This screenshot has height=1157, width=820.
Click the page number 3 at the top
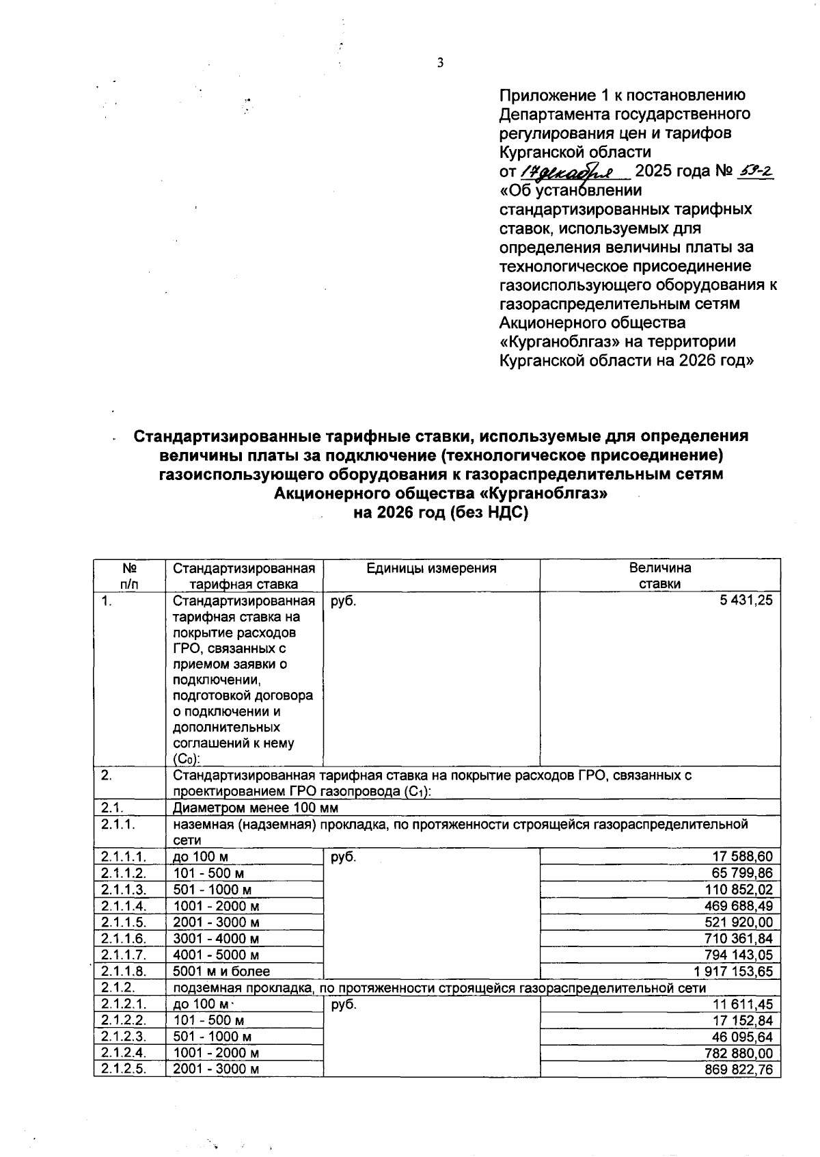pyautogui.click(x=440, y=64)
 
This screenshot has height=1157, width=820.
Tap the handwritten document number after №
pyautogui.click(x=756, y=171)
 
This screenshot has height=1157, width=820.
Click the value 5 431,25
pyautogui.click(x=741, y=600)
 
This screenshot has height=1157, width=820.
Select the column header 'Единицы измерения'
pyautogui.click(x=431, y=568)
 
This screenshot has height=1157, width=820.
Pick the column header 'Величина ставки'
pyautogui.click(x=659, y=576)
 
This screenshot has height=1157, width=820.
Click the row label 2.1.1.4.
pyautogui.click(x=123, y=906)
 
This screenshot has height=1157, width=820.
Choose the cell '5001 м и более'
pyautogui.click(x=221, y=972)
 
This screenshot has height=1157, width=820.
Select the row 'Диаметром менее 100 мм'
pyautogui.click(x=256, y=808)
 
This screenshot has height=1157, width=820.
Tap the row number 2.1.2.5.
pyautogui.click(x=123, y=1069)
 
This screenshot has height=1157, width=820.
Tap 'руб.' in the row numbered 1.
pyautogui.click(x=343, y=601)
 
